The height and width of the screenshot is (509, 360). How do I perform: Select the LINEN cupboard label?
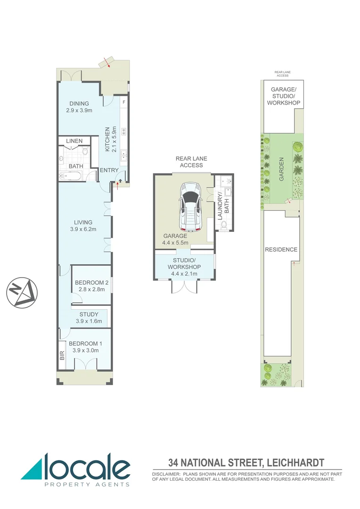(74, 141)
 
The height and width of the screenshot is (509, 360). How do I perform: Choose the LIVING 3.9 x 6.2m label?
(83, 226)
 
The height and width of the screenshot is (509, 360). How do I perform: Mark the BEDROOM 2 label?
(92, 286)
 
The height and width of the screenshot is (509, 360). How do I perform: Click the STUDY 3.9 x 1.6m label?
(89, 318)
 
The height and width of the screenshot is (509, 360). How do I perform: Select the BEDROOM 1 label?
(85, 347)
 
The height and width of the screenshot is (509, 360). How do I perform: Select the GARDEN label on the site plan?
(281, 169)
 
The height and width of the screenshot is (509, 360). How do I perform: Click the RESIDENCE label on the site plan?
(281, 249)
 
